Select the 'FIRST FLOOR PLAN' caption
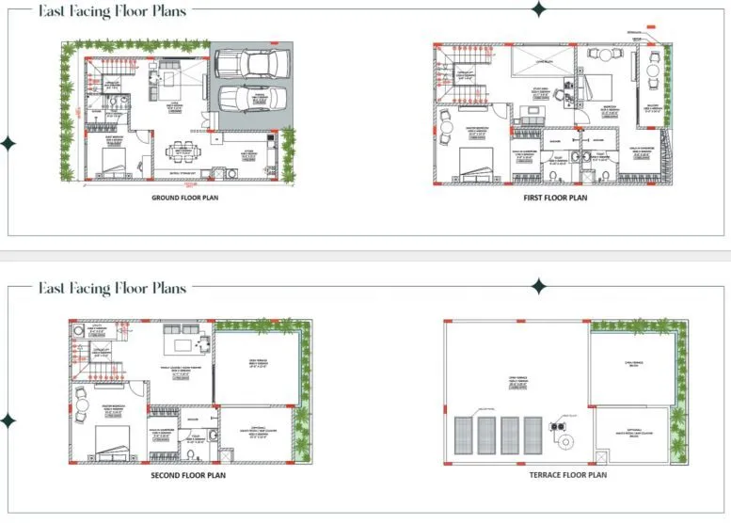point(554,198)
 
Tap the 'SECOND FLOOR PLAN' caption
point(188,475)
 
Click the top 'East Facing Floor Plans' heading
point(112,11)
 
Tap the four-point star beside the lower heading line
point(538,286)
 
